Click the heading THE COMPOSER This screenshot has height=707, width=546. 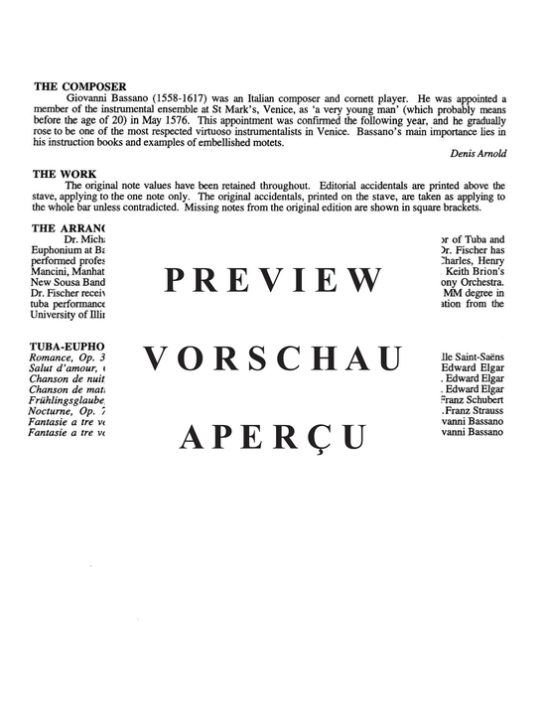pyautogui.click(x=78, y=87)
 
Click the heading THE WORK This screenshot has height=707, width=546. pyautogui.click(x=64, y=173)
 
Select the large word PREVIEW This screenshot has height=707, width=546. pyautogui.click(x=273, y=282)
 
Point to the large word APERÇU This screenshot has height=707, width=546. pyautogui.click(x=273, y=437)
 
